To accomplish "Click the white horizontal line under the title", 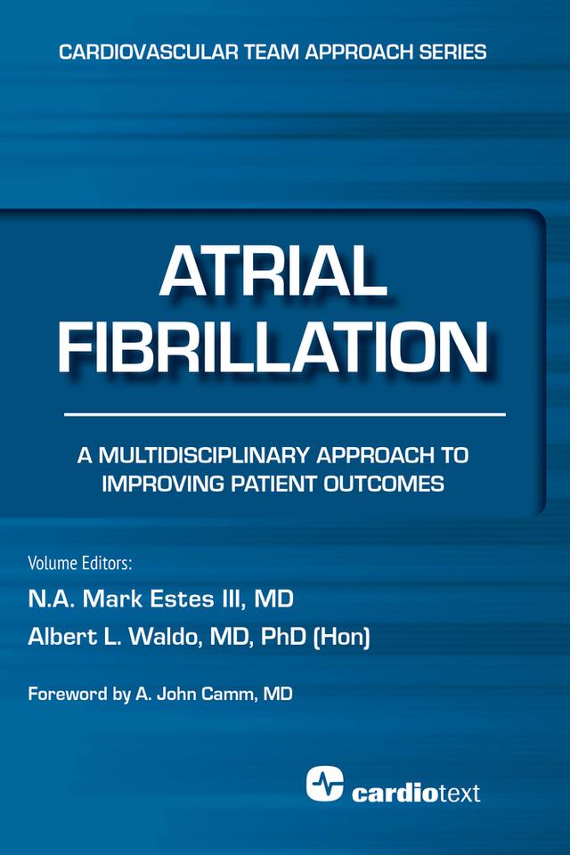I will point(285,415).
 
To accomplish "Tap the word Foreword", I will point(68,695).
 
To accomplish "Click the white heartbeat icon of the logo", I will point(325,782).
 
